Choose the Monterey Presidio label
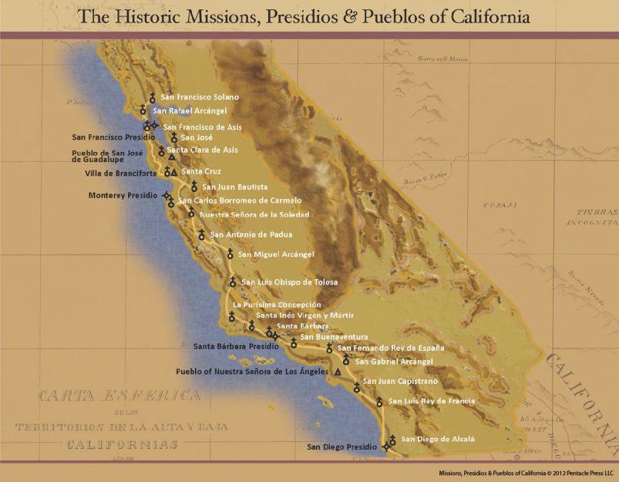click(121, 195)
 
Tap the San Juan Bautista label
click(235, 187)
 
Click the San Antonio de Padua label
click(251, 234)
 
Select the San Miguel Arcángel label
click(277, 254)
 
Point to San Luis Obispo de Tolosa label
click(290, 282)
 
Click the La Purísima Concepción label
click(277, 305)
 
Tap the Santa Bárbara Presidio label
click(236, 346)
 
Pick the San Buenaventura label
click(334, 336)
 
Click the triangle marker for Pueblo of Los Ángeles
click(338, 372)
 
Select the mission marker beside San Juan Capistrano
click(356, 387)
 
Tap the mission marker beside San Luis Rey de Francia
click(379, 402)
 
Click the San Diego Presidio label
click(342, 447)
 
